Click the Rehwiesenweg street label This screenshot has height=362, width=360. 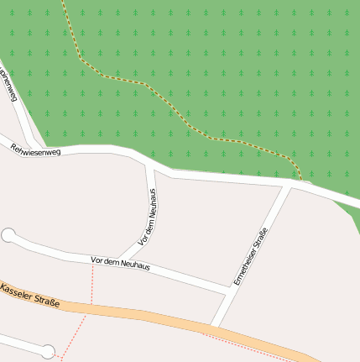click(x=35, y=150)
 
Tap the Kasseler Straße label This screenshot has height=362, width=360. click(x=30, y=293)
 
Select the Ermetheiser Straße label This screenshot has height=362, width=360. click(x=250, y=256)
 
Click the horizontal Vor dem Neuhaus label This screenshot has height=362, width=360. click(x=119, y=264)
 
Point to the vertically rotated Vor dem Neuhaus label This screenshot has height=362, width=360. click(x=149, y=216)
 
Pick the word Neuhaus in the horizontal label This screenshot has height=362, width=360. click(x=134, y=265)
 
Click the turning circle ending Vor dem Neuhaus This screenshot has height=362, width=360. click(x=9, y=236)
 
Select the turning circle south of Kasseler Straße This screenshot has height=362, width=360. click(x=49, y=351)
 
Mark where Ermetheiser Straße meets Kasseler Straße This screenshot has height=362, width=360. click(x=213, y=325)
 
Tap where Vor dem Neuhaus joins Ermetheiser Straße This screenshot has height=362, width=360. click(x=229, y=291)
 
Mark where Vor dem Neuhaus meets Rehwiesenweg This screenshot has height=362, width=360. click(x=149, y=164)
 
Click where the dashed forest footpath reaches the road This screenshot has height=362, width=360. click(x=300, y=179)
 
